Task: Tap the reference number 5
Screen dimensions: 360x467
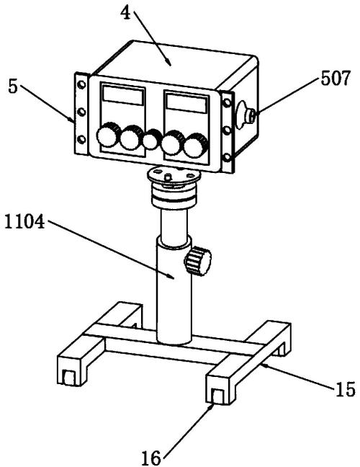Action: coord(13,87)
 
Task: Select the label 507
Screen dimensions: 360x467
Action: coord(336,79)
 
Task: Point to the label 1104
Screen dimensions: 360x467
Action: coord(24,222)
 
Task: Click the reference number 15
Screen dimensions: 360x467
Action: coord(346,389)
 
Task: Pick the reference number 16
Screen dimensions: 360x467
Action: coord(150,458)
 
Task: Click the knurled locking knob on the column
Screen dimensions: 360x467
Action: coord(197,262)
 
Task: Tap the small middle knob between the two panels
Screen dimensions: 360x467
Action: coord(151,140)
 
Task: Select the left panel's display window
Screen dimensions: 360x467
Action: coord(123,94)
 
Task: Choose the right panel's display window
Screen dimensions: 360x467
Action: coord(186,103)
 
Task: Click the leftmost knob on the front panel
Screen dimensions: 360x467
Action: coord(107,135)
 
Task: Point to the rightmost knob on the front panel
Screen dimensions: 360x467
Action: coord(195,146)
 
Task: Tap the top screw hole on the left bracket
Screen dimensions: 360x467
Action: coord(81,85)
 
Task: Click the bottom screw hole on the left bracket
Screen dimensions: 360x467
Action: coord(81,139)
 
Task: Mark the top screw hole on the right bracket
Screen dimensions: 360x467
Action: coord(227,103)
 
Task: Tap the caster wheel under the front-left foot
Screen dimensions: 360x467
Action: coord(68,377)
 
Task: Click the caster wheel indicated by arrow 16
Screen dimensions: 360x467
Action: coord(217,396)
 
